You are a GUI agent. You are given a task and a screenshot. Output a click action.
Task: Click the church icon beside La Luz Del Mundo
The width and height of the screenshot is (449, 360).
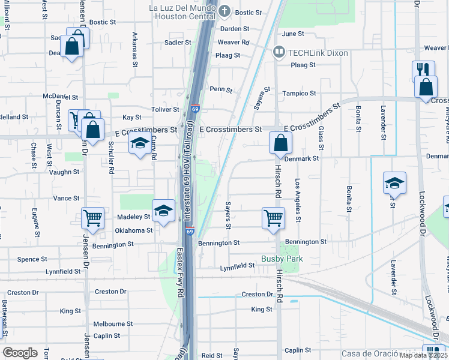tap(224, 10)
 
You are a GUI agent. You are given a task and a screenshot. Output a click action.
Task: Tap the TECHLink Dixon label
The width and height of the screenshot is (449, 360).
tap(318, 53)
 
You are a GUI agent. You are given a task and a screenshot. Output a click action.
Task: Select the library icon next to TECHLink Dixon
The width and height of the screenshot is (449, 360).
tap(279, 53)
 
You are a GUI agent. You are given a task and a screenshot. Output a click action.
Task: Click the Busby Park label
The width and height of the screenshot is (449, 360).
tap(282, 259)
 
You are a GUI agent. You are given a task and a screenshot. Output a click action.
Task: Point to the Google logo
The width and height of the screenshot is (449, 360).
tap(20, 353)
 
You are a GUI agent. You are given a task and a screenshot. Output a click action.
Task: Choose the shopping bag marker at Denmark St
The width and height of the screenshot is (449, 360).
tap(280, 143)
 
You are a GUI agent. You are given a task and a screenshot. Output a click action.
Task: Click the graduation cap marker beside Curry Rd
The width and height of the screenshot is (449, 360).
tap(140, 143)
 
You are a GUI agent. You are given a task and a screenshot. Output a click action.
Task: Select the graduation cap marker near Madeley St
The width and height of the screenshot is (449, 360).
tap(163, 211)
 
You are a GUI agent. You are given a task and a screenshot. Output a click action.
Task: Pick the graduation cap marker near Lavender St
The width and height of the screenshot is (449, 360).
tap(394, 183)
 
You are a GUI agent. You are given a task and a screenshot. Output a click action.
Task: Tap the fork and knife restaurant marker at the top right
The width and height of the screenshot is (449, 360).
tap(423, 69)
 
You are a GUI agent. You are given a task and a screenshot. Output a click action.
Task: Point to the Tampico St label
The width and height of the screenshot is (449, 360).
tap(300, 94)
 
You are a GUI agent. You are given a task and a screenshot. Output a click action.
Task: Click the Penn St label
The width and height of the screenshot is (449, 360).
tap(221, 89)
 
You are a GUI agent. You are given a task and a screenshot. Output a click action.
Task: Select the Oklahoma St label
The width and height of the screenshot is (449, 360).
tap(133, 230)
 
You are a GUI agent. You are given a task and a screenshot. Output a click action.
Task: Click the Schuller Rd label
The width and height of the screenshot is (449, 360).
tap(111, 158)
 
